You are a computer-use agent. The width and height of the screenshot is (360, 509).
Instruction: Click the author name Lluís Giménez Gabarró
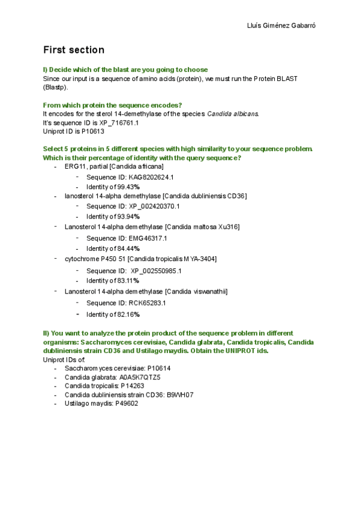[281, 26]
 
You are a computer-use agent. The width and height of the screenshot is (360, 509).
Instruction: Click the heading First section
[74, 50]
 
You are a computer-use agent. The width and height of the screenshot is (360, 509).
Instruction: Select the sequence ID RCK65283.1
[148, 303]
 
